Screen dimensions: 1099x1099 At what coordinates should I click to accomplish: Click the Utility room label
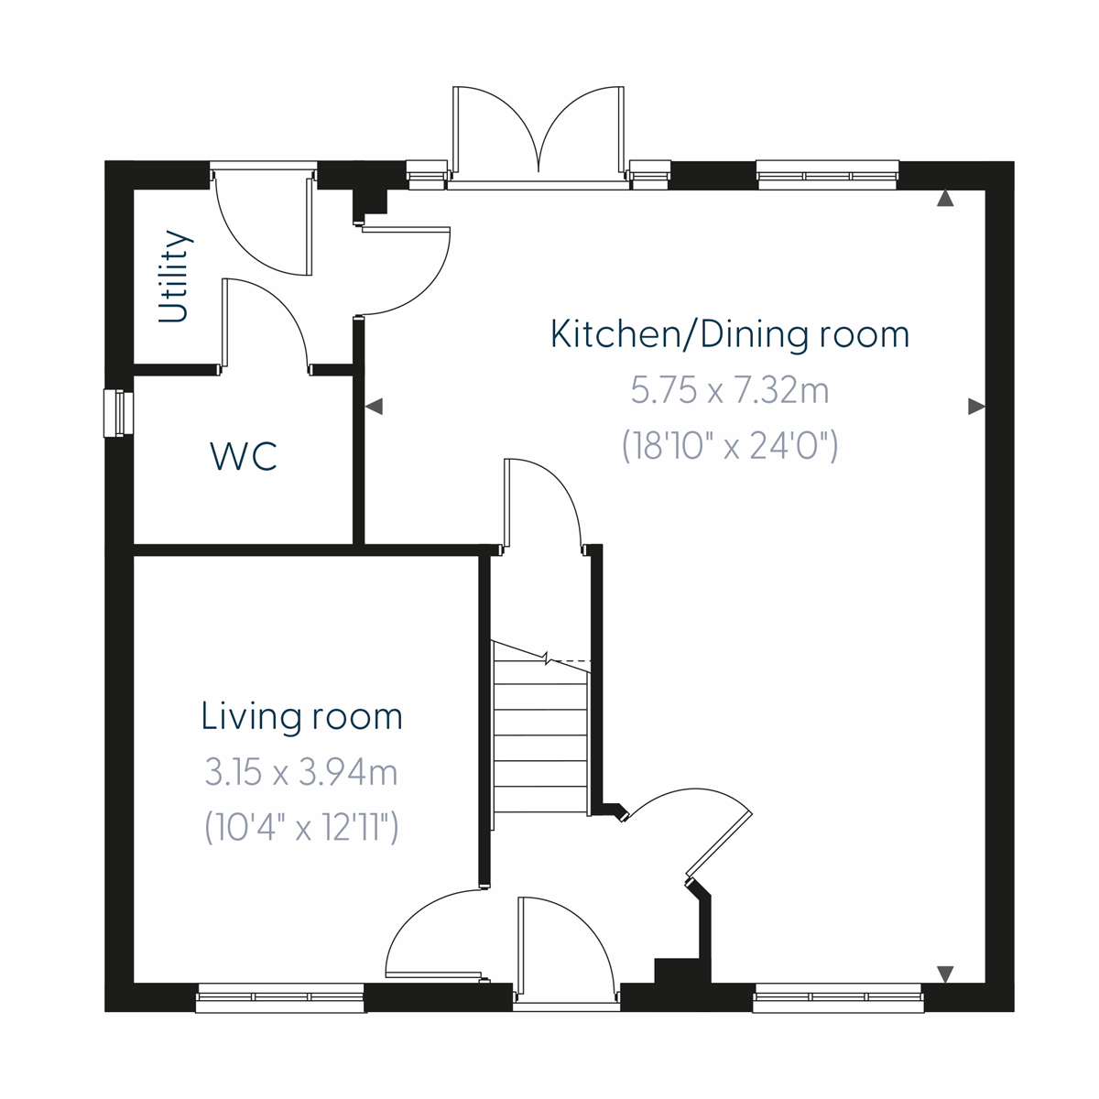(174, 277)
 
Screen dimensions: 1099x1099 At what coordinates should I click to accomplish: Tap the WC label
(244, 456)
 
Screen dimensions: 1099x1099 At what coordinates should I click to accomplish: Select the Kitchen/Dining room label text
(730, 334)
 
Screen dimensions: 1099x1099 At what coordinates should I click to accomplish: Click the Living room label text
(301, 716)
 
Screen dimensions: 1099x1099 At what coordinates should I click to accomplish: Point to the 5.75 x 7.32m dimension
(730, 391)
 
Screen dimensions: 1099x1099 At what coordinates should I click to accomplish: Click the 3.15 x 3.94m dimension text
(301, 773)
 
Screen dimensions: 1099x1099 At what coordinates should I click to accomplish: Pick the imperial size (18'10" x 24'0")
(730, 447)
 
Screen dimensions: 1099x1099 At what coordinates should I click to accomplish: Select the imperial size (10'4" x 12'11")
(301, 829)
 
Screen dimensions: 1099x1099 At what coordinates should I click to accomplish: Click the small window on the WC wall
(118, 414)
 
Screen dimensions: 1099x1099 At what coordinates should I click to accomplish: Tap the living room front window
(281, 997)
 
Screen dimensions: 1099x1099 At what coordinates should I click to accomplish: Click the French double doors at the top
(539, 137)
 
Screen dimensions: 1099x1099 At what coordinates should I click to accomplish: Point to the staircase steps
(540, 733)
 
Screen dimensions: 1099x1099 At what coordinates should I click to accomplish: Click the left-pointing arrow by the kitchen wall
(374, 407)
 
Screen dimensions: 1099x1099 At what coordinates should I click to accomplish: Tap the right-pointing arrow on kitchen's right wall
(976, 407)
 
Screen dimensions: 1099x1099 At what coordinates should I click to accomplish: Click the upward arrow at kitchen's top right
(945, 199)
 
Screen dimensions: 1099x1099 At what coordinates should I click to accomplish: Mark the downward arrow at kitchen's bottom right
(945, 974)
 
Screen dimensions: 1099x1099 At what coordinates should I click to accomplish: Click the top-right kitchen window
(827, 175)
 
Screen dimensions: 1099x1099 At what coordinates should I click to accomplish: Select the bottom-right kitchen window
(838, 997)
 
